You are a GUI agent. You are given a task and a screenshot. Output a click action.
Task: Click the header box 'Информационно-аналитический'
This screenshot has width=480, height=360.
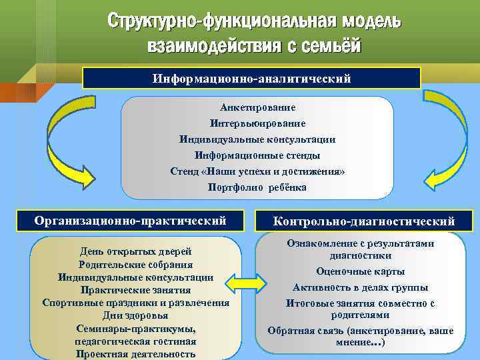coord(251,78)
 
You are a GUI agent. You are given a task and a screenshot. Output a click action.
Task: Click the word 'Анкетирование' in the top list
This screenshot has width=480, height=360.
coord(257,107)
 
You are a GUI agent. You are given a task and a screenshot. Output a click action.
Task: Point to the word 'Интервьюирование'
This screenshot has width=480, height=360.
coord(257,123)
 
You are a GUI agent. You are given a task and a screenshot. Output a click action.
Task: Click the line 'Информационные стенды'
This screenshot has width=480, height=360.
coord(257,155)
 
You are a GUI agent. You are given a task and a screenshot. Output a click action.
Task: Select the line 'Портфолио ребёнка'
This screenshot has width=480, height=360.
coord(257,187)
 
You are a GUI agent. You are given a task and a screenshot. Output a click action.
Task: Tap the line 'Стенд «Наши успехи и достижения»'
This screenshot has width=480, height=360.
coord(257,171)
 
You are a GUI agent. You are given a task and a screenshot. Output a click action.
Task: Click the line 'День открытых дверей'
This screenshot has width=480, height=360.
coord(135,251)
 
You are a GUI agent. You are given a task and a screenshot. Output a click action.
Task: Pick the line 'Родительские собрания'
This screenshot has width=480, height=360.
coord(135,264)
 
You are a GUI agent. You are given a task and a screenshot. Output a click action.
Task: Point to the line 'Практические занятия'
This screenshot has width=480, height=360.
coord(135,290)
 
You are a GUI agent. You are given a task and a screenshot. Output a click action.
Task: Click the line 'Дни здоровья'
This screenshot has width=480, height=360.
coord(135,315)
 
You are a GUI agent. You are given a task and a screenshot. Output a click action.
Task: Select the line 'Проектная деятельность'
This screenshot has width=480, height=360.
coord(135,354)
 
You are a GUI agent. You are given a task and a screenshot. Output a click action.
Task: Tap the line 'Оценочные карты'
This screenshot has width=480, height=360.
coord(361,271)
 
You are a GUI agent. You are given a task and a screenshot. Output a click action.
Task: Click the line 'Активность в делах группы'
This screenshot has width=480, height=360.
coord(361,287)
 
